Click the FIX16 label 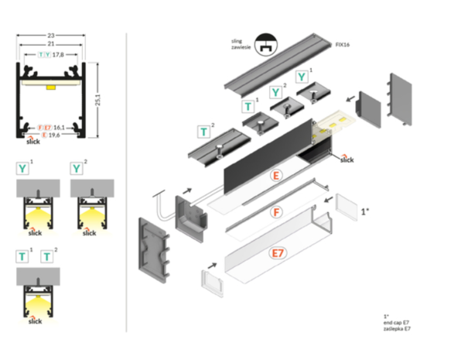point(343,46)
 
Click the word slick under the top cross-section point(32,143)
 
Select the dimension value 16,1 point(58,125)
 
